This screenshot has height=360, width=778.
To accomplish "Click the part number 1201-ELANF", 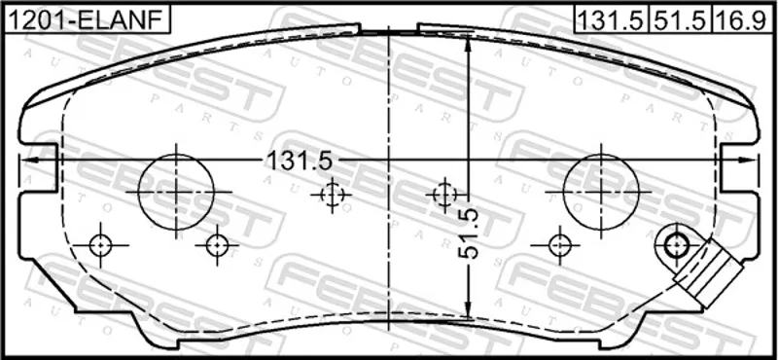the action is [x=87, y=19].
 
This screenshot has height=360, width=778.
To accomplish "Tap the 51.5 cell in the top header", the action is [x=681, y=19].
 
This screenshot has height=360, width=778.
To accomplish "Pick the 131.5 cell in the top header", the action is [x=612, y=19].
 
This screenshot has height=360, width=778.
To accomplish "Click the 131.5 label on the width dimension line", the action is [x=300, y=161].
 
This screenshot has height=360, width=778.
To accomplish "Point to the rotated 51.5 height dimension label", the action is [x=469, y=233].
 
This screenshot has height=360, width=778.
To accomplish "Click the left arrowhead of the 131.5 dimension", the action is [x=30, y=160].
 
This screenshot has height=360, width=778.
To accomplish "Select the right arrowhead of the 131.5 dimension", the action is [x=748, y=160].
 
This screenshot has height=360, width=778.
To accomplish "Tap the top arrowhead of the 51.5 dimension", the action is [x=468, y=46].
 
